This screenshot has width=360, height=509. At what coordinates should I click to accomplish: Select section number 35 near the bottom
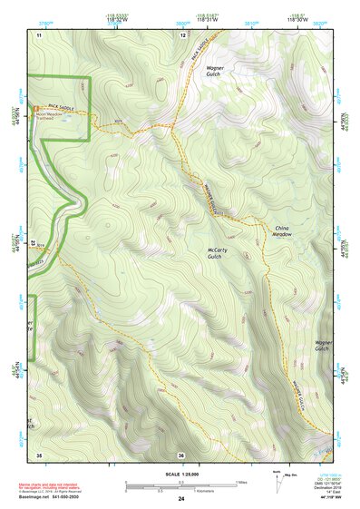[x=39, y=454]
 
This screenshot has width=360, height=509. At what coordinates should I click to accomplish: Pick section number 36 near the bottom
[x=181, y=454]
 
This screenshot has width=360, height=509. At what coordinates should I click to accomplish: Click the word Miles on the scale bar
[x=240, y=481]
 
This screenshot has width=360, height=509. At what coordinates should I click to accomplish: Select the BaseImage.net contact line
[x=47, y=496]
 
